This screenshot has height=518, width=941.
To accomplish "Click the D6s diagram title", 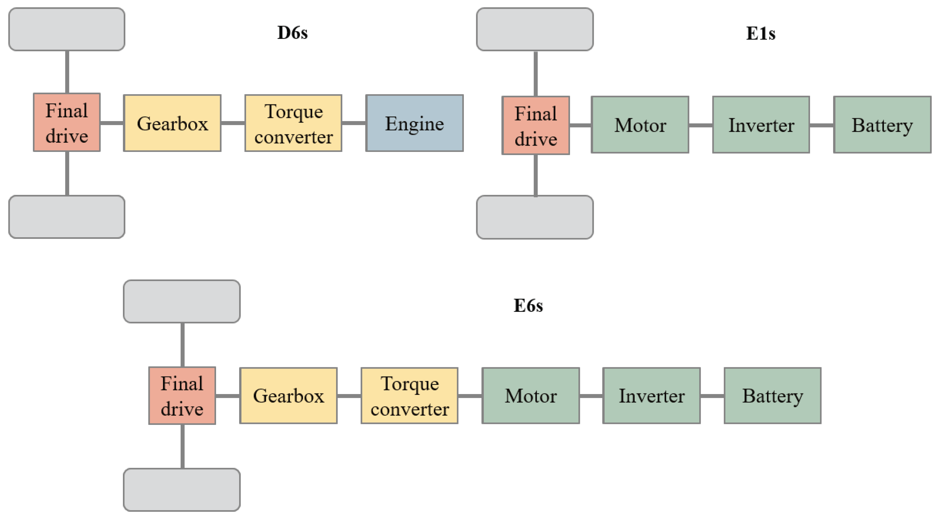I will [292, 33].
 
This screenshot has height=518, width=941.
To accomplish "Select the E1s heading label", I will [760, 34].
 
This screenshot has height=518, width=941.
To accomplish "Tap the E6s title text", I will [528, 306].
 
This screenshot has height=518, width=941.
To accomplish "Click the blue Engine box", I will [414, 123].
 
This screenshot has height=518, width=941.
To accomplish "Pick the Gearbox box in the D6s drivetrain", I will [172, 123].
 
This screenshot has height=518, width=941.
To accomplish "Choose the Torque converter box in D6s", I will [293, 123].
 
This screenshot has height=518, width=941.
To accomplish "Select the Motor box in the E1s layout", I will [640, 125].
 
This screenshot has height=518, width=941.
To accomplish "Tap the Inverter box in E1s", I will [761, 125].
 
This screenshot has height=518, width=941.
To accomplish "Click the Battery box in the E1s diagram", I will [882, 125].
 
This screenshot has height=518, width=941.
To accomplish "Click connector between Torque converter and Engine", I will [354, 123].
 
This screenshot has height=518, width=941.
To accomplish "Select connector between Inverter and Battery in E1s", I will [821, 125].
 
